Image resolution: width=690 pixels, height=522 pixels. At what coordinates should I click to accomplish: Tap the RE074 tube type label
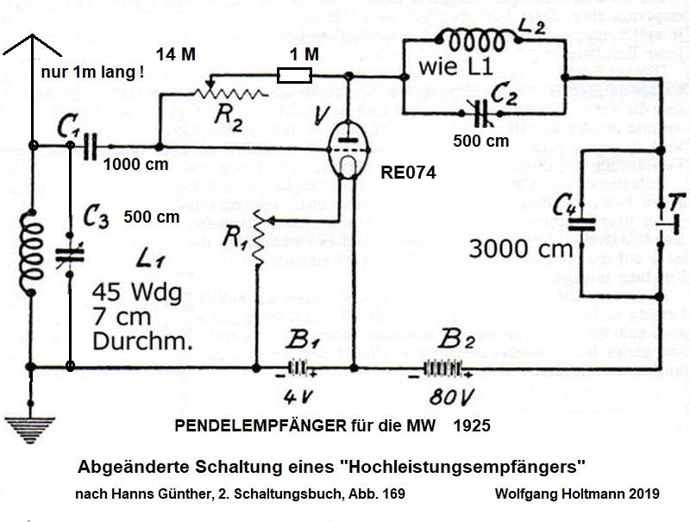(x=409, y=173)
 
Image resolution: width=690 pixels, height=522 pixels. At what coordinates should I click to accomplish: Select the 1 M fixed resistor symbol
(x=290, y=76)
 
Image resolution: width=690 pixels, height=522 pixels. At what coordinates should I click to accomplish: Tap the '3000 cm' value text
(x=521, y=250)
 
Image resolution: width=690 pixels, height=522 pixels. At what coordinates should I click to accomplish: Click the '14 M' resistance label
(x=176, y=53)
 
